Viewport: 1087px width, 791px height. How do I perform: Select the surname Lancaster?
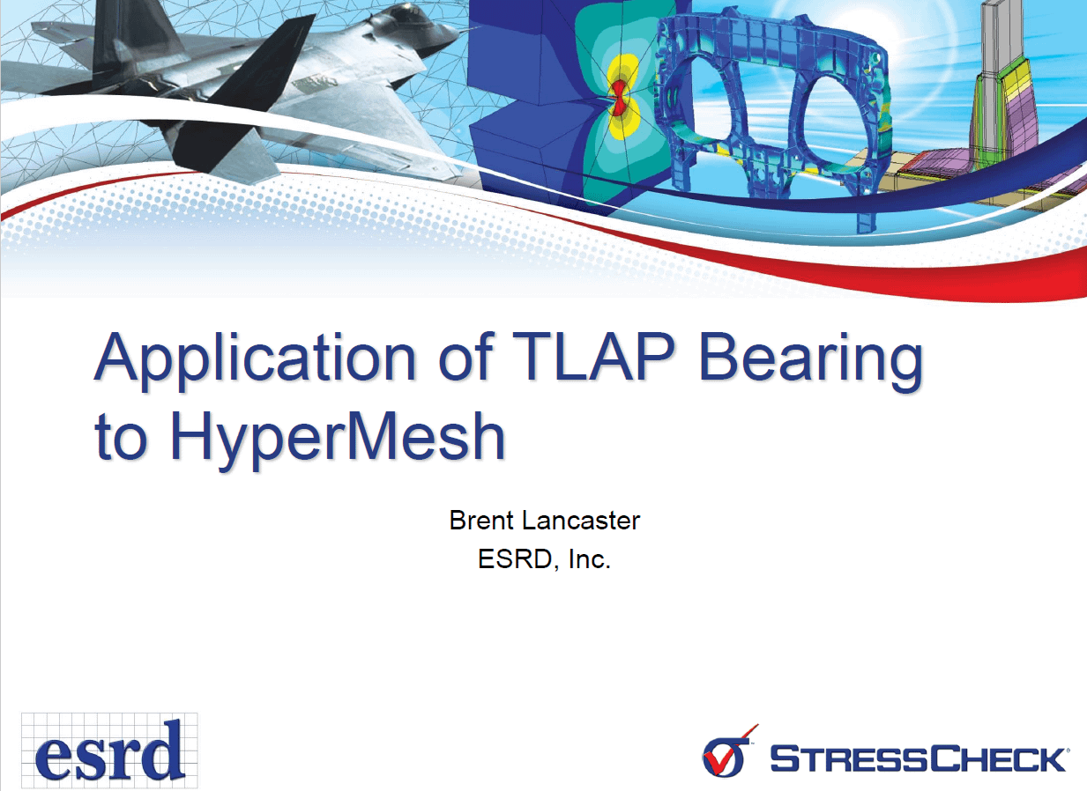pyautogui.click(x=580, y=521)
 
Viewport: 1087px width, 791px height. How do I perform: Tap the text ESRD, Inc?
pyautogui.click(x=544, y=559)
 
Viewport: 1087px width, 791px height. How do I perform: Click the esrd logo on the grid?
pyautogui.click(x=109, y=750)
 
